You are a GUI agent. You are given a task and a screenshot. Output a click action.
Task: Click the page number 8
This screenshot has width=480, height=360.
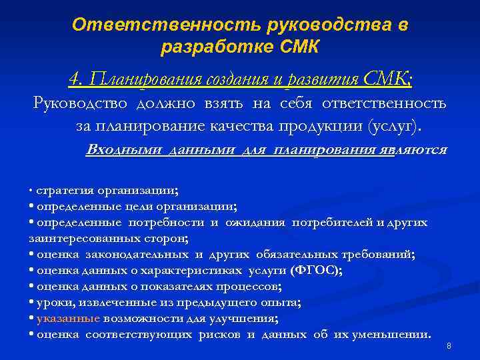(449, 346)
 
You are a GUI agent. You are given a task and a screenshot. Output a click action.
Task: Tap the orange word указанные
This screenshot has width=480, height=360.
(68, 318)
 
